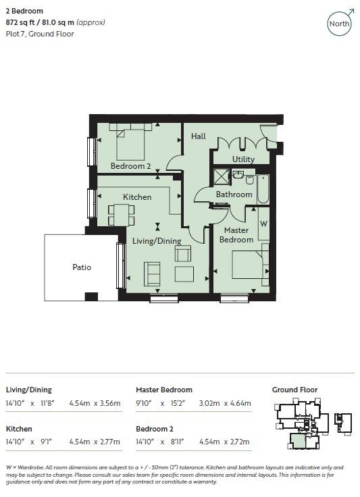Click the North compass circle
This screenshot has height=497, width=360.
pyautogui.click(x=340, y=24)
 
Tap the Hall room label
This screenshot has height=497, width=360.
pyautogui.click(x=198, y=136)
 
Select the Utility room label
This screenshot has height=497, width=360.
pyautogui.click(x=243, y=159)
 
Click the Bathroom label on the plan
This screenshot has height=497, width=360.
pyautogui.click(x=234, y=194)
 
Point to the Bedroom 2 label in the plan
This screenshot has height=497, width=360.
pyautogui.click(x=130, y=166)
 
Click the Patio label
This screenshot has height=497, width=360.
pyautogui.click(x=82, y=267)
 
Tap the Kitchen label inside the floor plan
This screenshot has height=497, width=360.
pyautogui.click(x=137, y=197)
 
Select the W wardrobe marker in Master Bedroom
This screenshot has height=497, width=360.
pyautogui.click(x=263, y=223)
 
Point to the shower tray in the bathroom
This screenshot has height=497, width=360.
pyautogui.click(x=222, y=176)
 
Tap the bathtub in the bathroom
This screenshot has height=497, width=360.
pyautogui.click(x=262, y=189)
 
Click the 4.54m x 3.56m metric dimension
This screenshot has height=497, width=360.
pyautogui.click(x=95, y=404)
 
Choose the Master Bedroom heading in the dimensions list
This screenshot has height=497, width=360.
pyautogui.click(x=164, y=390)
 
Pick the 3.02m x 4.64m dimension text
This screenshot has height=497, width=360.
pyautogui.click(x=225, y=404)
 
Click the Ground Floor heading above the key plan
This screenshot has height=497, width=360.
pyautogui.click(x=294, y=390)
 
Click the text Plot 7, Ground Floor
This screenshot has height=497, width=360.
pyautogui.click(x=40, y=34)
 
